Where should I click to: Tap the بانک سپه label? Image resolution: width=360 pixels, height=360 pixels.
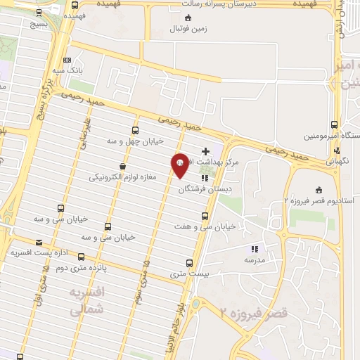(x=68, y=71)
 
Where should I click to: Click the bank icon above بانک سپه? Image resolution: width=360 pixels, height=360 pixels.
(x=67, y=60)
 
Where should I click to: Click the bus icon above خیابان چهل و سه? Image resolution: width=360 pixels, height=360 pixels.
(x=136, y=130)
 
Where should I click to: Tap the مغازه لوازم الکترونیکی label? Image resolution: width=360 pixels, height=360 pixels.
(x=123, y=178)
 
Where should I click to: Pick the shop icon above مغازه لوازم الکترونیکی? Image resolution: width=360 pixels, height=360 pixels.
(x=123, y=167)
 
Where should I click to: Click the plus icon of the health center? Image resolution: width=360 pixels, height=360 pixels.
(x=205, y=151)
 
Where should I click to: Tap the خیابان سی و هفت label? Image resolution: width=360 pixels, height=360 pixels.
(x=207, y=227)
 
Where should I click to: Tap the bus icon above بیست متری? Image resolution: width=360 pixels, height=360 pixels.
(x=181, y=263)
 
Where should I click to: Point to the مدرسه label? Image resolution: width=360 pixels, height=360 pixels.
(x=255, y=259)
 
